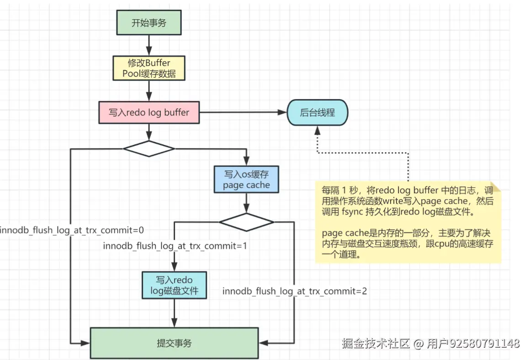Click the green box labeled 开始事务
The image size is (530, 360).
(149, 22)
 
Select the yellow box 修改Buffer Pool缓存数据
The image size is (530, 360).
(149, 68)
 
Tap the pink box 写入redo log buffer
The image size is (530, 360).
(149, 112)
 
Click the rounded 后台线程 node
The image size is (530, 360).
(318, 112)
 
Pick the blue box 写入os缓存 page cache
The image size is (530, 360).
(246, 179)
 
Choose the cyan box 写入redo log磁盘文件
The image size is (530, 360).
(174, 285)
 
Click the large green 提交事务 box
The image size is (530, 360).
(174, 343)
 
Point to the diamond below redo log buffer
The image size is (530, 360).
(149, 149)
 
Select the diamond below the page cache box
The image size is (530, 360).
(246, 222)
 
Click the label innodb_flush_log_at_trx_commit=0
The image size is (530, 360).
(72, 230)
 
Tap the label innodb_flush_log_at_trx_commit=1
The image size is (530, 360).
(175, 246)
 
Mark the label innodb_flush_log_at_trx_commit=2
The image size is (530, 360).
(294, 291)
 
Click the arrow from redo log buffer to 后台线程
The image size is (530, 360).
(243, 112)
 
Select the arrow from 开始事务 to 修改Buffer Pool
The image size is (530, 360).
(149, 45)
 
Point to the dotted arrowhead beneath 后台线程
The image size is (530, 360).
(318, 130)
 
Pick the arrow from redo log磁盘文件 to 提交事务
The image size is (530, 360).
(174, 313)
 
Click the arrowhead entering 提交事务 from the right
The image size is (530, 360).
(263, 343)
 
